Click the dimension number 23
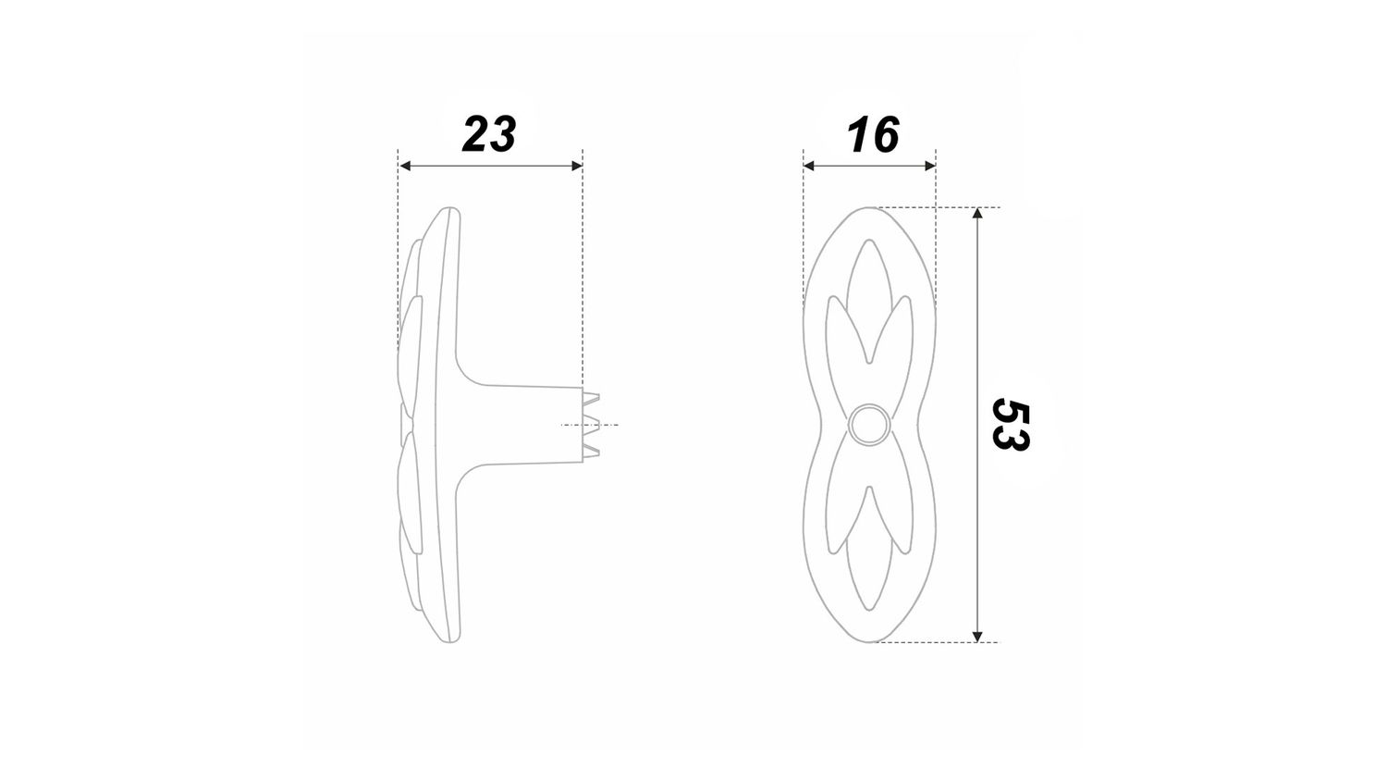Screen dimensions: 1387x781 tap(489, 134)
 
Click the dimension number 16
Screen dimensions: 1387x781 tap(873, 134)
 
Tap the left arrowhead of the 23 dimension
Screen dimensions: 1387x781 tap(406, 166)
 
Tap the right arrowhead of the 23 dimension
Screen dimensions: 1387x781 tap(576, 166)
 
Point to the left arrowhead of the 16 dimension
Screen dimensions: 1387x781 tap(809, 166)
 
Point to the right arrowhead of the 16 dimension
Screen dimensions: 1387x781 tap(929, 166)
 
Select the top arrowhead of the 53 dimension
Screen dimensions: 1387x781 tap(977, 213)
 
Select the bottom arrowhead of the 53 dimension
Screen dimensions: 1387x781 tap(977, 636)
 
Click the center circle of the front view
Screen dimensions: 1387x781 tap(869, 426)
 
